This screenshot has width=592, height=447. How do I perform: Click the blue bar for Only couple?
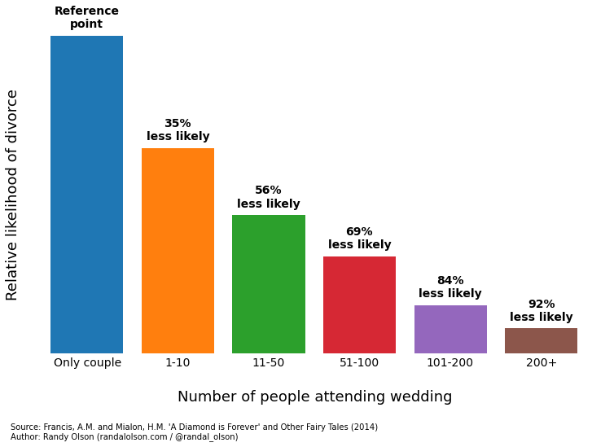coord(86,195)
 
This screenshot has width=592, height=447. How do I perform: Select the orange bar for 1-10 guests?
coord(178,251)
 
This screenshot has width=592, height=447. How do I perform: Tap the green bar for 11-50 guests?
coord(269,284)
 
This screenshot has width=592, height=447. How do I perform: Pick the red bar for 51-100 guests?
coord(359,305)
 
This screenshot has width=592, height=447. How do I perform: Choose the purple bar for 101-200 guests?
coord(450,329)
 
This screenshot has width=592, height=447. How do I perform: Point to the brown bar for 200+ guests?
coord(541,340)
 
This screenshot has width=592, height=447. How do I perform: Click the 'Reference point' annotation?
coord(86,18)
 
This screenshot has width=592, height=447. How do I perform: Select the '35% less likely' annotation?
coord(178,130)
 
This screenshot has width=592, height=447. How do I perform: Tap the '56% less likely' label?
coord(269,197)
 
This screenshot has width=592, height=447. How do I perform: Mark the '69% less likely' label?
coord(359,238)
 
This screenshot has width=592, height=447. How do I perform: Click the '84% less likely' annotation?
coord(450,287)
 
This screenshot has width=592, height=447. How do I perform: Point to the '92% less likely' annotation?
coord(541,310)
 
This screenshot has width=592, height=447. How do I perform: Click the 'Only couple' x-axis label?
coord(87,363)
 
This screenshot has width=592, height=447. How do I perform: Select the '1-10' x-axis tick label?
coord(178,363)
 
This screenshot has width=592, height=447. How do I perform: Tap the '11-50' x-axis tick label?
coord(269,363)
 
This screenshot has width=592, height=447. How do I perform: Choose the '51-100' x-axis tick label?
coord(359,363)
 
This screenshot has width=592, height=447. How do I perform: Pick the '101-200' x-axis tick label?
coord(450,363)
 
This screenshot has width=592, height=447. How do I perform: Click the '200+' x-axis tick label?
coord(541,363)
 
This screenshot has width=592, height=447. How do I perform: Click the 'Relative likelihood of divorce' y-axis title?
coord(12,195)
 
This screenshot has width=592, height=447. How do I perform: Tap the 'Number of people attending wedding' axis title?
coord(314,397)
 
